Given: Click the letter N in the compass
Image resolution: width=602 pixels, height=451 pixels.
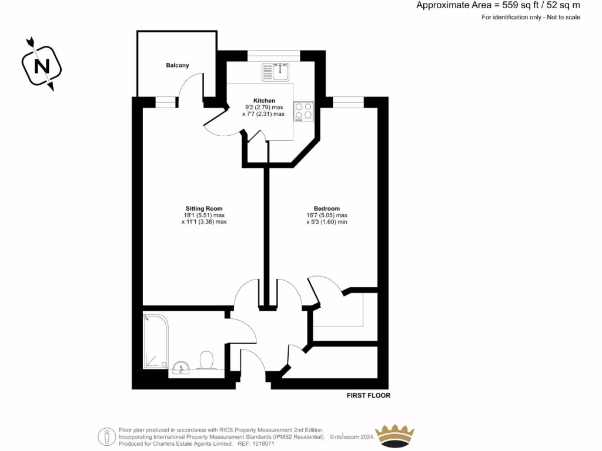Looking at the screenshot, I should click(x=42, y=65).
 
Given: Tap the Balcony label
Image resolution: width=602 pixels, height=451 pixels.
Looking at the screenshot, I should click(x=177, y=65).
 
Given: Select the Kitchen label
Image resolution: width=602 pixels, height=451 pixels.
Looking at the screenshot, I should click(x=264, y=100).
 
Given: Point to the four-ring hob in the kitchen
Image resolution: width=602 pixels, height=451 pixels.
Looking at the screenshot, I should click(x=304, y=111).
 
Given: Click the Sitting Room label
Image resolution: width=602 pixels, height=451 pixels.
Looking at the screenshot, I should click(x=204, y=208).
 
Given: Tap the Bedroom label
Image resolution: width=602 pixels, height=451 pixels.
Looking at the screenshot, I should click(x=327, y=208).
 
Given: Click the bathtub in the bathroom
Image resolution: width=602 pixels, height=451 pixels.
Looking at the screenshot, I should click(x=156, y=341).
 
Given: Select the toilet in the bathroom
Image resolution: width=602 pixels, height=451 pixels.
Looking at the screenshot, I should click(x=206, y=360).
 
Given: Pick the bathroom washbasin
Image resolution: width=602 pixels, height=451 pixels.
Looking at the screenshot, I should click(x=182, y=368).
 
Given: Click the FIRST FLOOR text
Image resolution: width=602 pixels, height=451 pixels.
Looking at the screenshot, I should click(x=369, y=396).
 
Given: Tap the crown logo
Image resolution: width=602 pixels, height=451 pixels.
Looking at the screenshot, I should click(x=395, y=435).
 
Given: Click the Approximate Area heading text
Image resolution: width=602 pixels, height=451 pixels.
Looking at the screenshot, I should click(x=497, y=5).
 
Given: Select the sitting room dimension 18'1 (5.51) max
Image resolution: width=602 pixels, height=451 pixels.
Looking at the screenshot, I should click(x=204, y=215).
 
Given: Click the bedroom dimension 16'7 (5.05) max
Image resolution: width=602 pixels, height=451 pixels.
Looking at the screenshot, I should click(x=327, y=215).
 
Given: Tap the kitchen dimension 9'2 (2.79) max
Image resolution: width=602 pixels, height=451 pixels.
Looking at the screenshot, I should click(x=264, y=107).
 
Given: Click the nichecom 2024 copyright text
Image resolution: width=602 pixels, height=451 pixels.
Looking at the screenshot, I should click(x=351, y=437).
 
